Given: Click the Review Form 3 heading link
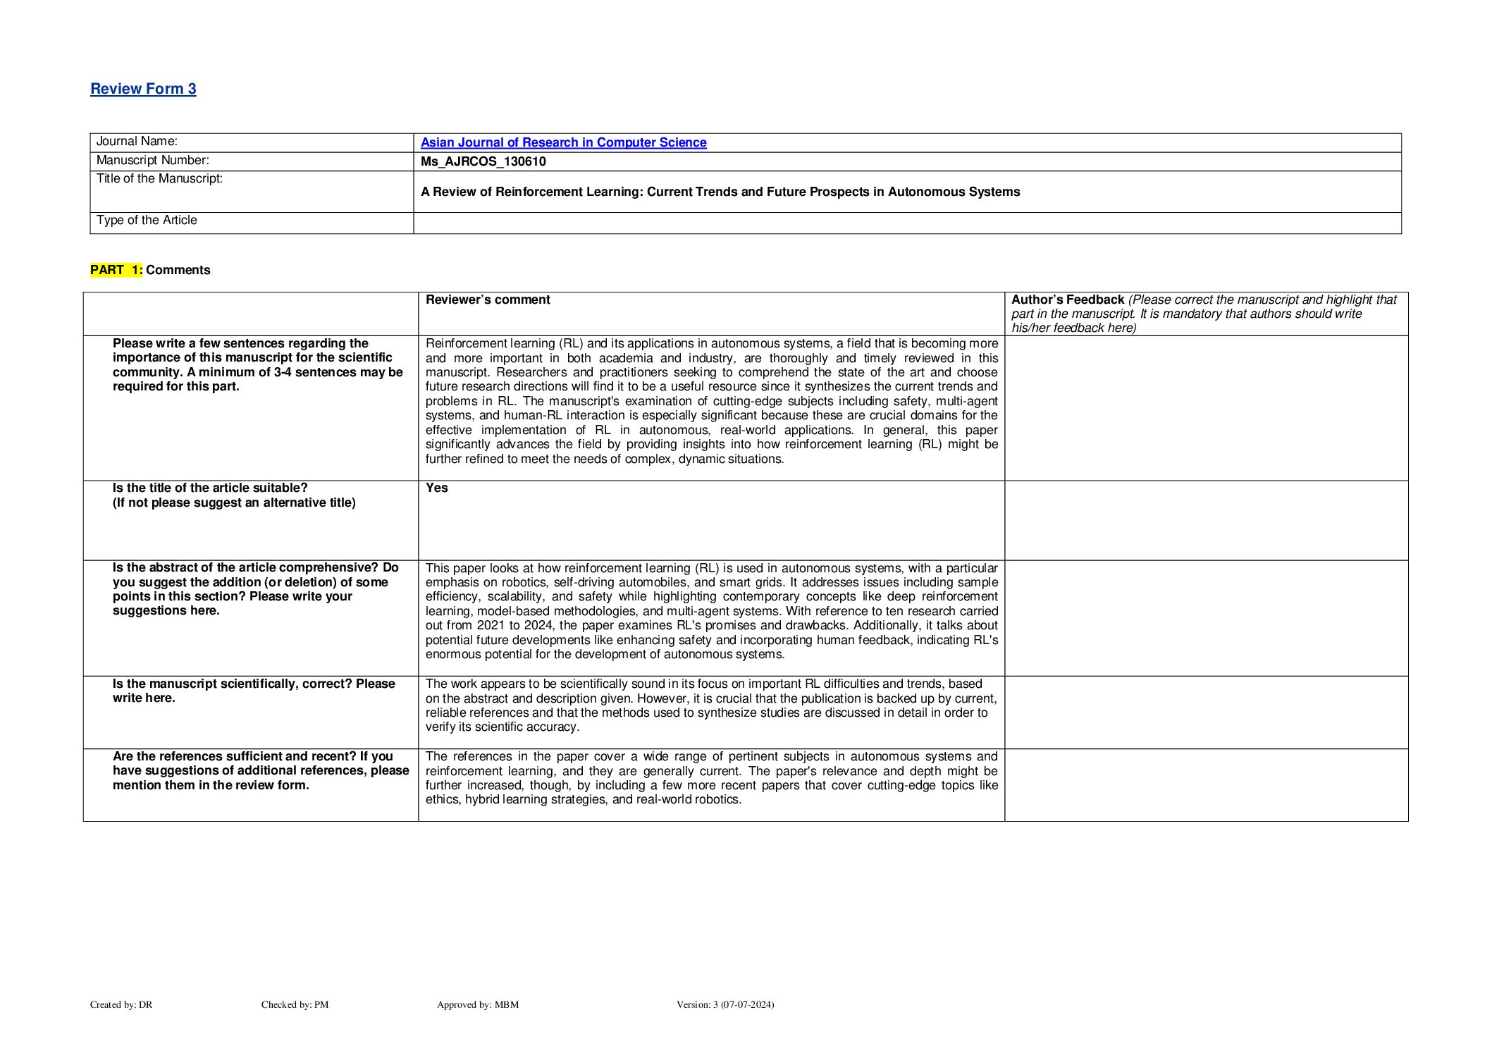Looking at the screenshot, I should tap(143, 89).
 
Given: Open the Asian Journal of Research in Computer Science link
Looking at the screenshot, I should tap(563, 142).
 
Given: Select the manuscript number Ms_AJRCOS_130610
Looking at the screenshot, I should tap(483, 161).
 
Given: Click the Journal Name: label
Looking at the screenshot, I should tap(137, 142).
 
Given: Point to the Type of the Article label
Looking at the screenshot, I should tap(147, 221).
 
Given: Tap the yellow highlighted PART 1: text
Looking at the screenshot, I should tap(116, 270).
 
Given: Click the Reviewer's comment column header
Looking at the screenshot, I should tap(488, 300).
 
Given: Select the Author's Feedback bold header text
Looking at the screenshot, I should tap(1067, 300).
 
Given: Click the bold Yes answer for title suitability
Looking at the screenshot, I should tap(436, 488).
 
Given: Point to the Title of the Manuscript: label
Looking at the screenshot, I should tap(159, 179).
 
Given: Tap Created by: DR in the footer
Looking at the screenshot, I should tap(121, 1004).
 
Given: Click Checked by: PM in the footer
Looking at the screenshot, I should tap(295, 1004).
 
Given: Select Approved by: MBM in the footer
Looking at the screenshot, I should tap(477, 1004).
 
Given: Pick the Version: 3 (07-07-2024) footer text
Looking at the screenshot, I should tap(725, 1004).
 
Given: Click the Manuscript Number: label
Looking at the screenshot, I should tap(152, 161).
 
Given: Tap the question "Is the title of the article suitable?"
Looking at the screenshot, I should tap(210, 488).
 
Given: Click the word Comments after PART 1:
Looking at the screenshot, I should tap(178, 270).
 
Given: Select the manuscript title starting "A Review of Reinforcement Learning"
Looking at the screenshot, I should tap(720, 192).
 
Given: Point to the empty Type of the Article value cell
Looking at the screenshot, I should tap(906, 223).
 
